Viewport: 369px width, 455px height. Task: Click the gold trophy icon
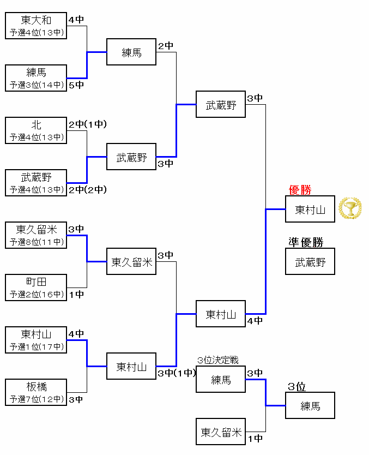coord(350,208)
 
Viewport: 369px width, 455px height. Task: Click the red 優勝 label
coord(300,190)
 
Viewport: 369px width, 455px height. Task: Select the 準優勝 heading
coord(306,242)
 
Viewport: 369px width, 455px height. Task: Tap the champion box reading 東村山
coord(310,209)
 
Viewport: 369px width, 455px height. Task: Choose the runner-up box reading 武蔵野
coord(310,262)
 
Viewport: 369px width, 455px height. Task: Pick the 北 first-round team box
coord(37,131)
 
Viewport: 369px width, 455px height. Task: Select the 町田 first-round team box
coord(37,288)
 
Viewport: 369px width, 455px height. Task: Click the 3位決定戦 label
coord(218,361)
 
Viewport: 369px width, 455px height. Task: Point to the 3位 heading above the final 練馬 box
coord(297,387)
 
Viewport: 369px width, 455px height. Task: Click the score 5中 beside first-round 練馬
coord(76,85)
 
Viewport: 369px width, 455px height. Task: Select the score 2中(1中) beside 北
coord(87,124)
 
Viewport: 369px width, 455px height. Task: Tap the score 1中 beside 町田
coord(76,295)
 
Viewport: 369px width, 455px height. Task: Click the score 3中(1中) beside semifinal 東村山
coord(176,373)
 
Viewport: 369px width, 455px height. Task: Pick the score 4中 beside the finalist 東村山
coord(255,321)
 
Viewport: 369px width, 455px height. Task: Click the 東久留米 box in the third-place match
coord(221,432)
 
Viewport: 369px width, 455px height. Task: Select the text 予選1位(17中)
coord(37,346)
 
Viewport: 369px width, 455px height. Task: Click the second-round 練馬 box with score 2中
coord(131,52)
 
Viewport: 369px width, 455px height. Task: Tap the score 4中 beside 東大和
coord(76,20)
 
